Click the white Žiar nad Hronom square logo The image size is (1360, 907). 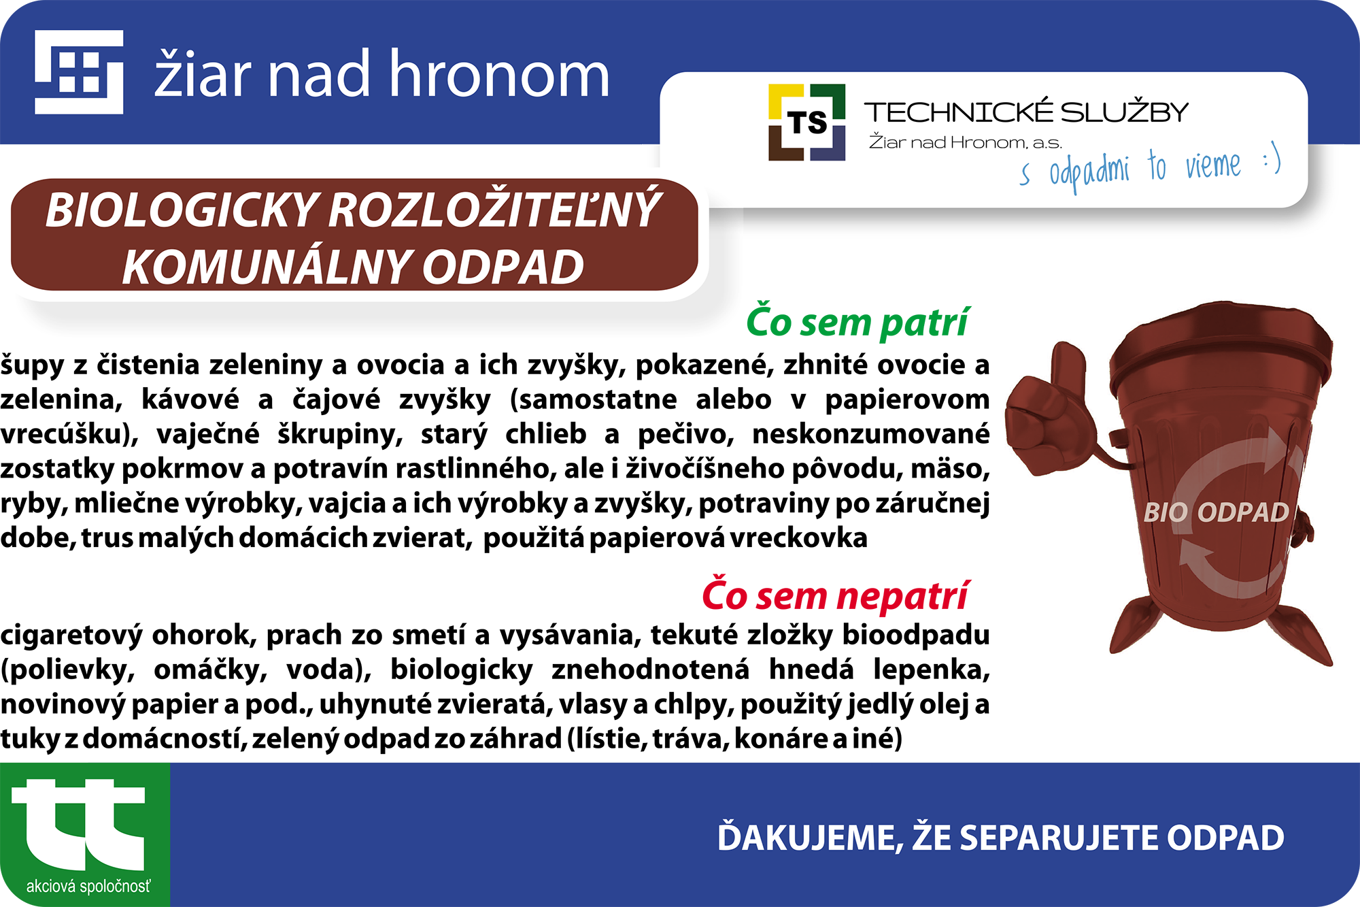click(79, 72)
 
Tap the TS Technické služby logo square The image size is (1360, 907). click(806, 122)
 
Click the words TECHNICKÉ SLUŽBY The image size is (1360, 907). click(1026, 112)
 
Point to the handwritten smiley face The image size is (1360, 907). click(1272, 159)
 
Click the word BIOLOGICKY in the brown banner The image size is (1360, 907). click(182, 210)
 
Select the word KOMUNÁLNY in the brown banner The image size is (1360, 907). click(269, 266)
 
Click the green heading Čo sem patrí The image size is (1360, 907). click(857, 322)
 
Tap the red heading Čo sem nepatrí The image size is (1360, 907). click(835, 595)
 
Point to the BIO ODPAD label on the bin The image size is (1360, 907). click(1216, 512)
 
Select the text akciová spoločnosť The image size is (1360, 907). click(88, 886)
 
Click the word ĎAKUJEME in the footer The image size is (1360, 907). click(810, 837)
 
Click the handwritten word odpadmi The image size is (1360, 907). click(1089, 171)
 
